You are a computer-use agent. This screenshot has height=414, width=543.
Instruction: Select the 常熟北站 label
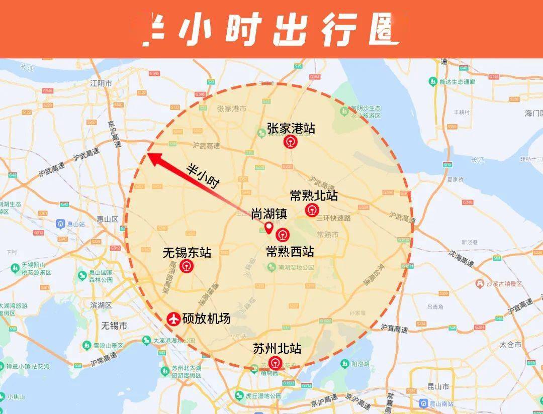tap(314, 195)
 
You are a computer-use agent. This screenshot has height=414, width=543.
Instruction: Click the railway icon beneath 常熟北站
tap(312, 210)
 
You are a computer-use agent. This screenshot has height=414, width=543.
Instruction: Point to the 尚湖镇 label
tap(269, 214)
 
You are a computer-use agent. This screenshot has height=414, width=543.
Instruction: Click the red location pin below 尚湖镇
tap(269, 229)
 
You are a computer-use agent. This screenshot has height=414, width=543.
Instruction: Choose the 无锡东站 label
tap(187, 252)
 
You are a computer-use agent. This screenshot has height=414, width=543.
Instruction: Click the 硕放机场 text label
tap(206, 319)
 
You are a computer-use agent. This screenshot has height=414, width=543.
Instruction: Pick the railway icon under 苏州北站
tap(276, 363)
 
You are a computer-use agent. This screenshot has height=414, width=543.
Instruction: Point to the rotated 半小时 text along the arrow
tap(203, 176)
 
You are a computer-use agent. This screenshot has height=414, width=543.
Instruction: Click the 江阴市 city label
tap(100, 83)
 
